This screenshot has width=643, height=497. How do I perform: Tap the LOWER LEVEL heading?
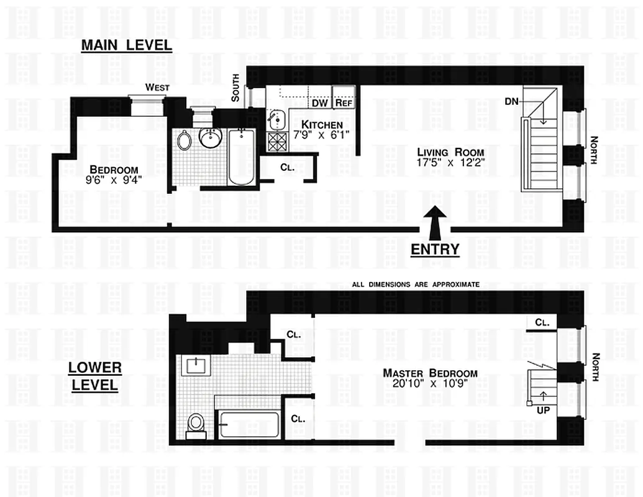tap(94, 376)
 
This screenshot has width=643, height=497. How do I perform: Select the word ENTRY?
tap(435, 250)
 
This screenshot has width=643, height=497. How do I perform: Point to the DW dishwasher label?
tap(319, 103)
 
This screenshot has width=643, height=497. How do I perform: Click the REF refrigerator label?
tap(344, 103)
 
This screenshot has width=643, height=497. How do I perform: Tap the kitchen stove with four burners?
tap(274, 142)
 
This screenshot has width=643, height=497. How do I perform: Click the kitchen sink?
tap(275, 117)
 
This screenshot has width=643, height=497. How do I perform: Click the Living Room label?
tap(442, 152)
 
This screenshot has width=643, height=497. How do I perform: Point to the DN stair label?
tap(511, 101)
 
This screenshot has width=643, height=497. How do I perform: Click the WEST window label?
tap(157, 88)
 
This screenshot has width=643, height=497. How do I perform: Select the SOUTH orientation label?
tap(235, 88)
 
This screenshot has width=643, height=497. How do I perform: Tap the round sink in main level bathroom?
tap(212, 137)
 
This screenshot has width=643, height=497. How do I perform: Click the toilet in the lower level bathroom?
tap(196, 424)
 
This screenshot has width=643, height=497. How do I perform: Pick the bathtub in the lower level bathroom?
tap(249, 424)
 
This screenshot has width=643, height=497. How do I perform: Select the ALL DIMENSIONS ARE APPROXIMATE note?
tap(416, 284)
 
